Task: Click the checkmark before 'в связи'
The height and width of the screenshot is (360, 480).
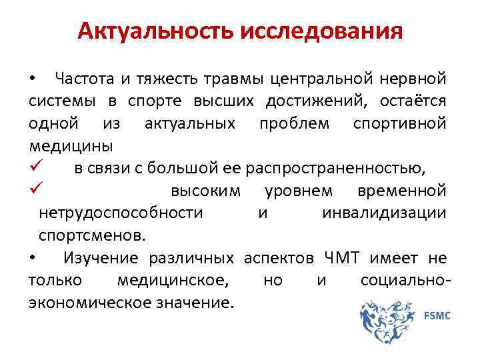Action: [x=37, y=167]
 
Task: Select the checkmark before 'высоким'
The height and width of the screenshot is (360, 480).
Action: [x=37, y=190]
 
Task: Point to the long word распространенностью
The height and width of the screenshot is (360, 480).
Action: [x=336, y=168]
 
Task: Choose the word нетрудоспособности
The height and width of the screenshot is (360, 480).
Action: [x=120, y=213]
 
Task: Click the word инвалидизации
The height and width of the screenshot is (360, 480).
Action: [x=384, y=213]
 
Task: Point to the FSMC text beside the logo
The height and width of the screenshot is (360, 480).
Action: [x=437, y=315]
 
